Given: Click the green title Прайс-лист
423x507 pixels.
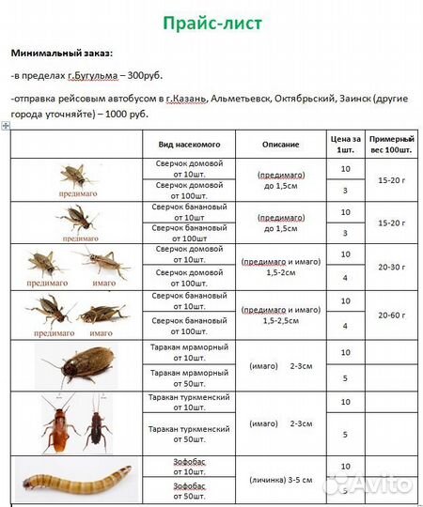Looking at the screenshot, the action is [211, 22].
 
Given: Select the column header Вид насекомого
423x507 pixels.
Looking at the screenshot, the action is [188, 145].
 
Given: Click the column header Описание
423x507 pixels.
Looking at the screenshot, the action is [281, 145].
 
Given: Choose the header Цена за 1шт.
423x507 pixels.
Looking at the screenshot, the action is [345, 145].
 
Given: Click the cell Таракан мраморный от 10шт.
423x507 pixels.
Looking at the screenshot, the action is [188, 353].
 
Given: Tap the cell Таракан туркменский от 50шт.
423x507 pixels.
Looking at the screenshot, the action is [188, 434].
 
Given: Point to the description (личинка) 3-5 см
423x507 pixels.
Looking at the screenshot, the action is [281, 478].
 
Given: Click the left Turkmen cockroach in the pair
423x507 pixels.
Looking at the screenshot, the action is [59, 422].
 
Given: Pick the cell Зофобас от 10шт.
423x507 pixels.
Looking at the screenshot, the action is [188, 467].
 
